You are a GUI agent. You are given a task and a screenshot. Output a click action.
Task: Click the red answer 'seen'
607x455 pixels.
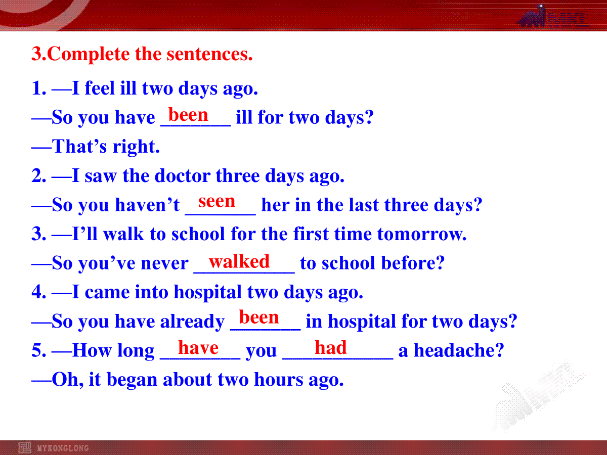216,201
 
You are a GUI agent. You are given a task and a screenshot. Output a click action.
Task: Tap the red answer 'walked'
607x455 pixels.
239,261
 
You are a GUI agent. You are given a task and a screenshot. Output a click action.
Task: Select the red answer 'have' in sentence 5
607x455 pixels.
198,347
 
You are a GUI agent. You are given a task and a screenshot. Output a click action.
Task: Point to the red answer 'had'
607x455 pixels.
331,347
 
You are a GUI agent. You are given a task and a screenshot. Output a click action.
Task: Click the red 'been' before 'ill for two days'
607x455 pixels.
188,115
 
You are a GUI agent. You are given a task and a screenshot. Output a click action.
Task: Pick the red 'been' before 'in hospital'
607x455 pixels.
259,317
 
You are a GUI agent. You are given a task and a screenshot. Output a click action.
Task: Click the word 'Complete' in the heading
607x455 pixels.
88,54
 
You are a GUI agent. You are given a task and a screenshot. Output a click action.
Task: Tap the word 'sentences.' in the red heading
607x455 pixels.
209,54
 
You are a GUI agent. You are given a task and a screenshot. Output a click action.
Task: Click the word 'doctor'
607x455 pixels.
182,176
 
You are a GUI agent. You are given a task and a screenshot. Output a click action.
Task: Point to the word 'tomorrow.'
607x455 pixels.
422,234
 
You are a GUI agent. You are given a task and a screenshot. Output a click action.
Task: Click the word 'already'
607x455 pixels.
192,322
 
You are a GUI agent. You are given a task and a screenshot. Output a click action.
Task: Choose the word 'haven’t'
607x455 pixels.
147,205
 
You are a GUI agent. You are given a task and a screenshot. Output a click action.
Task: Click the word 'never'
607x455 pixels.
165,263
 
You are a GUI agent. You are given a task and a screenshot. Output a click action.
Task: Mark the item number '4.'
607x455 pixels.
39,292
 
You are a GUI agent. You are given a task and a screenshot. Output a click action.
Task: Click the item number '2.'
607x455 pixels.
39,176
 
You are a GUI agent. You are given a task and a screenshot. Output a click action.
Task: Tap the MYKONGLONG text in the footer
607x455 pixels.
63,448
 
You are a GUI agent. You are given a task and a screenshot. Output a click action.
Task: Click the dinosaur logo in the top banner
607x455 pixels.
532,16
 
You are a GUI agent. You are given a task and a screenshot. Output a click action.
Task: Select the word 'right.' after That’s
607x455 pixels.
137,147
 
